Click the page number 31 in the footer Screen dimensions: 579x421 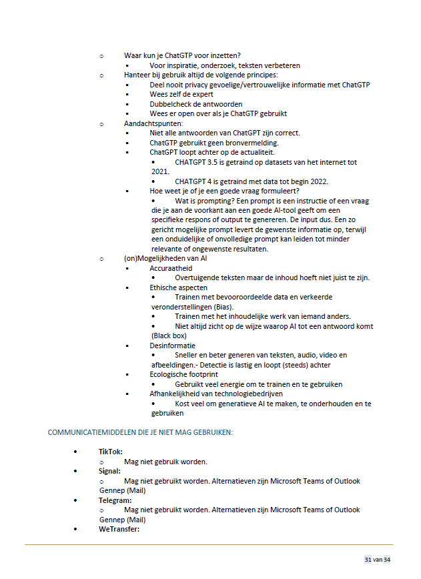tap(368, 559)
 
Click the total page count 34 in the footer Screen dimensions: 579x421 tap(387, 559)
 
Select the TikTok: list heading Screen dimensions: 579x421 tap(111, 452)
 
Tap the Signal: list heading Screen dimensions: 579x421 tap(110, 471)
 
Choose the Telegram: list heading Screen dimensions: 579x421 tap(115, 500)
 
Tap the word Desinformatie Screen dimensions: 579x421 tap(172, 346)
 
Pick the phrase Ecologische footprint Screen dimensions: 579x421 tap(183, 374)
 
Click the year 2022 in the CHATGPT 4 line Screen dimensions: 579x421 tap(336, 181)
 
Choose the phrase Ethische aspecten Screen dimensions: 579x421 tap(178, 287)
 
